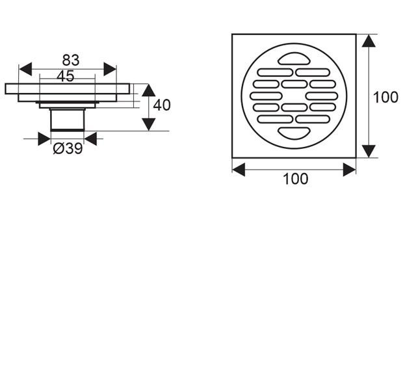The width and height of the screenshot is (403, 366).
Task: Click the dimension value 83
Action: click(71, 60)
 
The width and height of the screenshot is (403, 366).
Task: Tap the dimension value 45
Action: click(66, 76)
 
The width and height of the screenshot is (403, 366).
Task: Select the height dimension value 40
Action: click(162, 105)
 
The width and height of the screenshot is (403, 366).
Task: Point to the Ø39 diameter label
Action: click(68, 149)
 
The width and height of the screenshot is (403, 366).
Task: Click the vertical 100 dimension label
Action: click(385, 98)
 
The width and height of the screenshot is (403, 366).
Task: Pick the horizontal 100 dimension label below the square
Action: click(295, 179)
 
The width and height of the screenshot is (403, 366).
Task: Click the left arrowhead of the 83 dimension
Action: click(25, 69)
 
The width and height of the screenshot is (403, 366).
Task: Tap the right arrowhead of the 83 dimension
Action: click(110, 69)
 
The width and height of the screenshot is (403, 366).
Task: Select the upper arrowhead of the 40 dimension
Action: click(149, 90)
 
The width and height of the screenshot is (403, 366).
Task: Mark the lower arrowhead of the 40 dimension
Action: click(149, 125)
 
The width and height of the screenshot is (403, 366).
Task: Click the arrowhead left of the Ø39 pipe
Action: click(44, 138)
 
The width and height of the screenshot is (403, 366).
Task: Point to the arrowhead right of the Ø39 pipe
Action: click(90, 138)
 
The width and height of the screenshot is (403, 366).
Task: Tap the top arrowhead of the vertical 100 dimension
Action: click(369, 41)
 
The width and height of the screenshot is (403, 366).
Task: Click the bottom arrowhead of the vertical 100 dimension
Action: click(369, 151)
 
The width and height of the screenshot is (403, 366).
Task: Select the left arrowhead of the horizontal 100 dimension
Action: click(239, 170)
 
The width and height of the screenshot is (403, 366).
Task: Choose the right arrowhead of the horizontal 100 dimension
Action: click(350, 170)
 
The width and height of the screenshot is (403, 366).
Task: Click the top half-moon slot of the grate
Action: click(294, 59)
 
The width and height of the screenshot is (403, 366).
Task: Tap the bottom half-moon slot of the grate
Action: click(294, 133)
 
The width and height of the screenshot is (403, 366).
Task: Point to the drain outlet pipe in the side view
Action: click(68, 120)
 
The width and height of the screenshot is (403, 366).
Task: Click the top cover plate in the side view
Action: click(68, 88)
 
